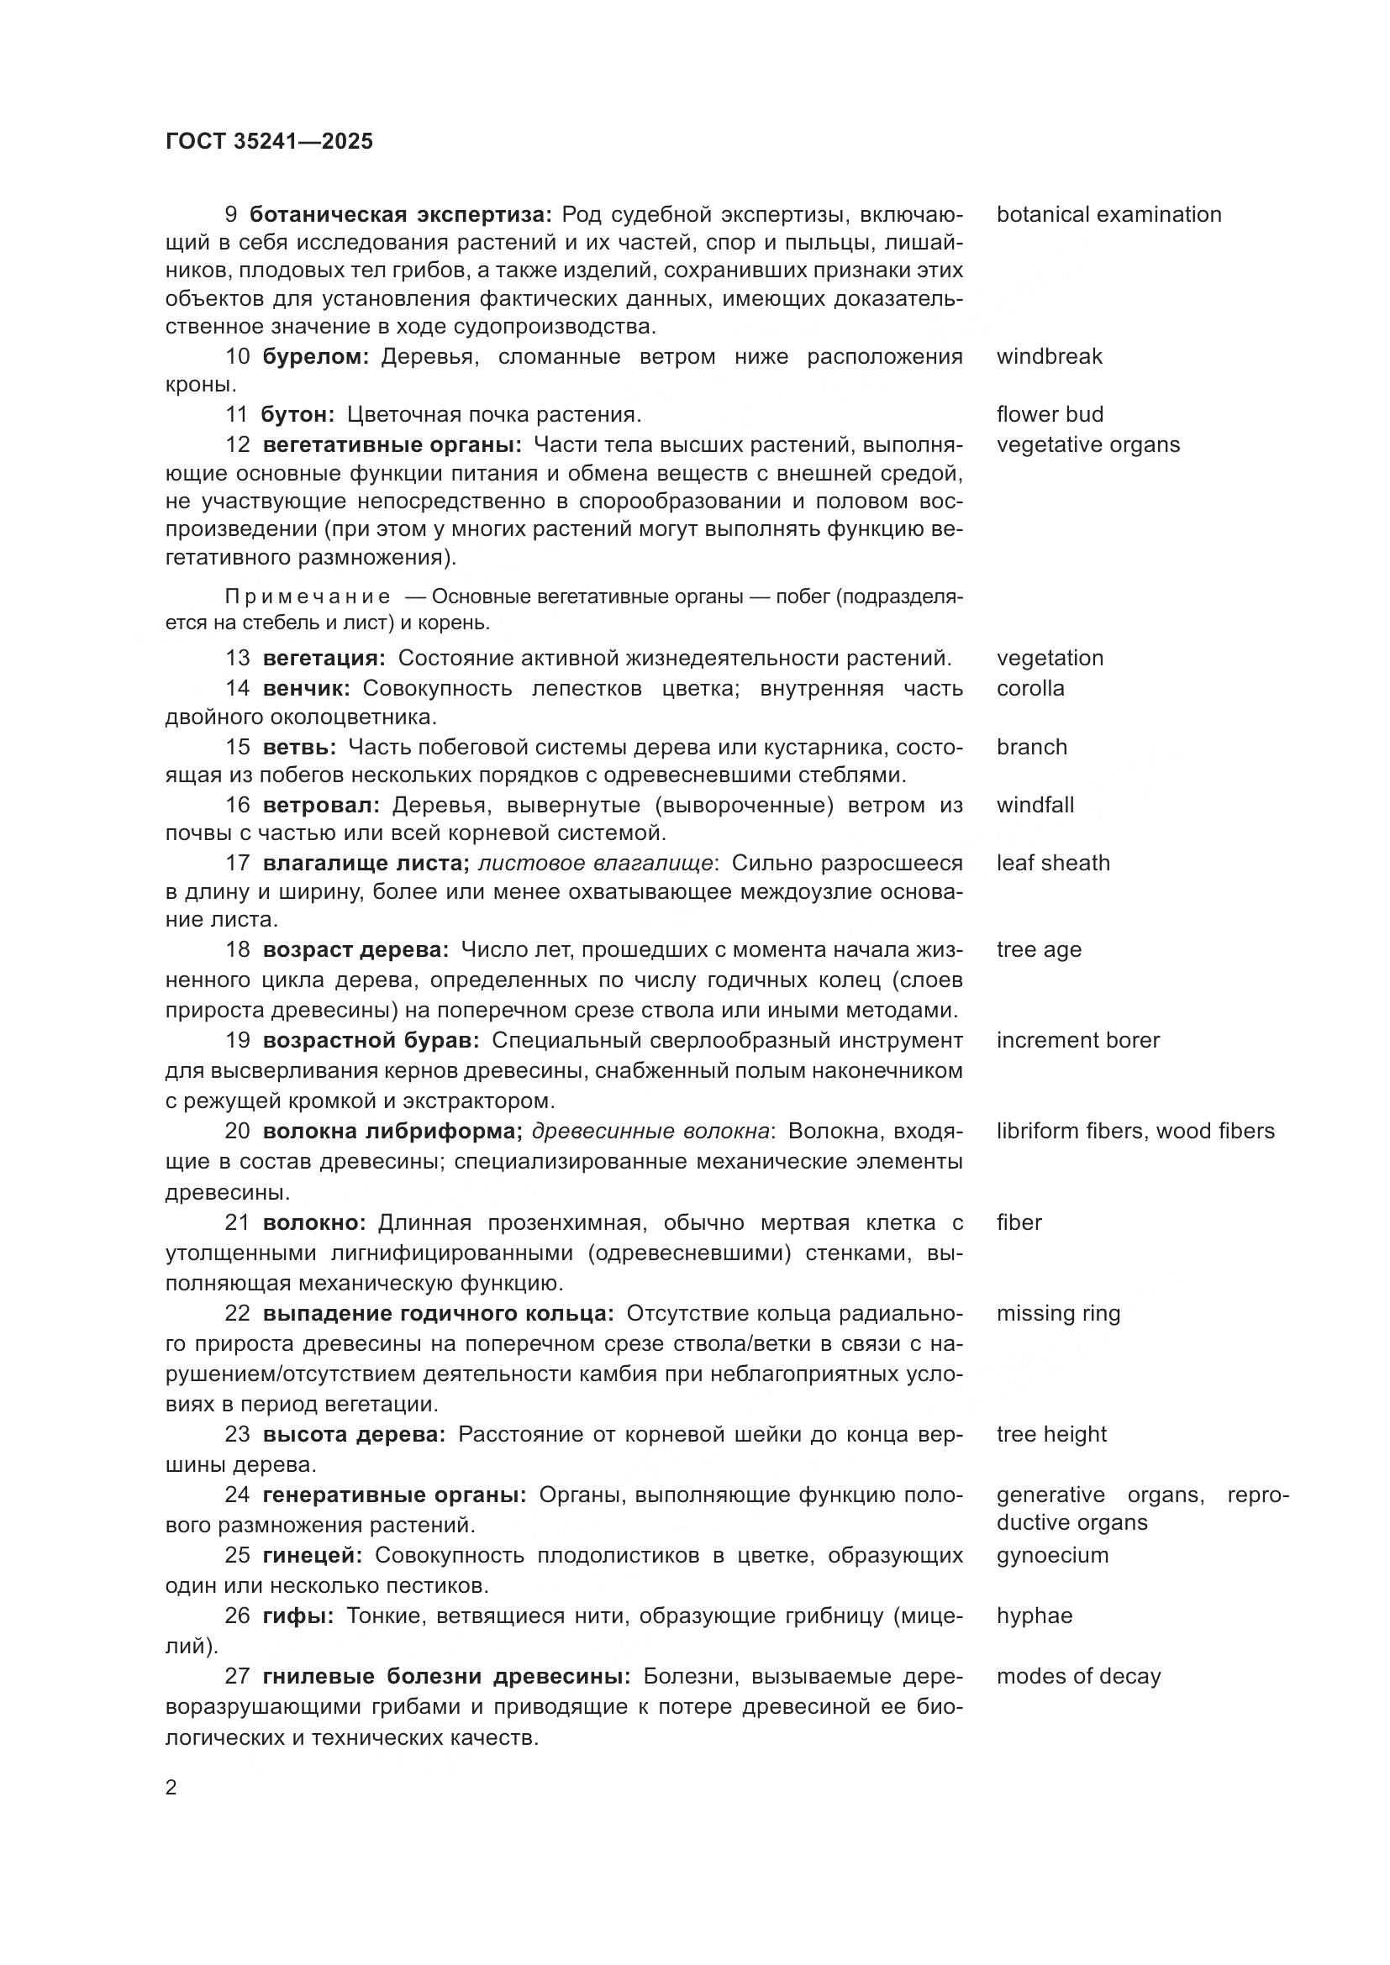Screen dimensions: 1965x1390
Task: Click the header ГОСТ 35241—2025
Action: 269,141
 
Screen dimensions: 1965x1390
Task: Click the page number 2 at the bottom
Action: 171,1788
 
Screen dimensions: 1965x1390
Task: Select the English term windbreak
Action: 1049,356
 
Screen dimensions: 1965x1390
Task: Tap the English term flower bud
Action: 1050,414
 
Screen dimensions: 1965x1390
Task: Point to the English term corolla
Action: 1029,688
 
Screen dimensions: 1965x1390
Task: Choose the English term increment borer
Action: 1077,1040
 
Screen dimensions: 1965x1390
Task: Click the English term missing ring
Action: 1058,1313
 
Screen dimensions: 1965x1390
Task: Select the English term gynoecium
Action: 1052,1555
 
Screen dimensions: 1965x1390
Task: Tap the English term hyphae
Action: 1034,1615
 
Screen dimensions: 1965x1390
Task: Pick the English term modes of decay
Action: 1078,1676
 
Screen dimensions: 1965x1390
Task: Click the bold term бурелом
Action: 315,356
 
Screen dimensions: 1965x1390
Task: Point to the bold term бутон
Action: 297,414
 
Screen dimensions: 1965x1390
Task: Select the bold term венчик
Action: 307,688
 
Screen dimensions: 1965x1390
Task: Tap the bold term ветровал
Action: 321,805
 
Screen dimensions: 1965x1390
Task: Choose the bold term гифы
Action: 297,1615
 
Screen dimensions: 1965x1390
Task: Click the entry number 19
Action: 237,1040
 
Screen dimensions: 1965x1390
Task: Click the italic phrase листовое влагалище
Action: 597,863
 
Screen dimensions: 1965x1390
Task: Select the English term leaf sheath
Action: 1053,863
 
